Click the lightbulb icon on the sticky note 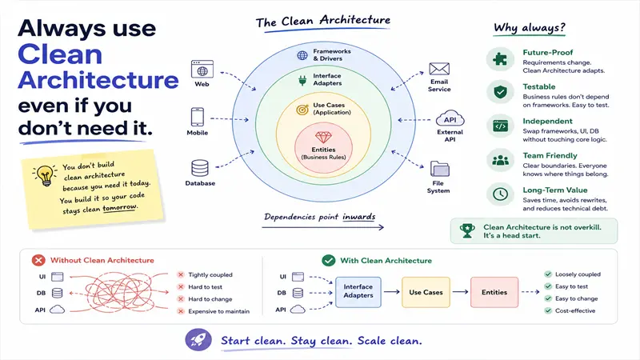45,175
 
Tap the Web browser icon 202,69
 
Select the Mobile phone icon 198,117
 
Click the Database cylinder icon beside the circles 200,168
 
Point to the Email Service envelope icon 439,69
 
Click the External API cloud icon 450,118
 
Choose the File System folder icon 439,169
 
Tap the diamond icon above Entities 323,137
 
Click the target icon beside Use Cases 302,110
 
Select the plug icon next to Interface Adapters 302,80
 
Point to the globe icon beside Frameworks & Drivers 302,55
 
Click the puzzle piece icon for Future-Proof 500,59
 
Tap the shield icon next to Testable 500,92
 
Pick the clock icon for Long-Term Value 500,194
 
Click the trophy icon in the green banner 467,230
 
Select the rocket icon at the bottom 198,339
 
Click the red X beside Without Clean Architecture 38,261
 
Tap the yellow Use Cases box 426,292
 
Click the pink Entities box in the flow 494,292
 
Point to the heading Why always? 530,27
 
